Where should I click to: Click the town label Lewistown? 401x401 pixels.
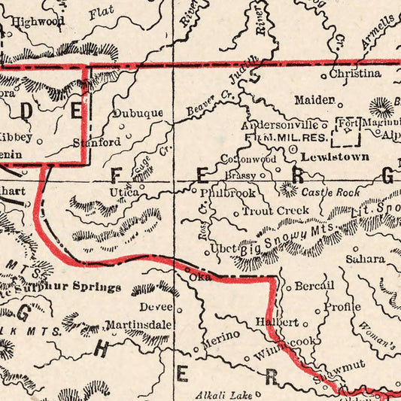tap(335, 157)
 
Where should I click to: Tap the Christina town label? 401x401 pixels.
tap(355, 74)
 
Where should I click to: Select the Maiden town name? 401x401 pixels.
tap(314, 100)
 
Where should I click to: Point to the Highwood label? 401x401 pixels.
tap(38, 22)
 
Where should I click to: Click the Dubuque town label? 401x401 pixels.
tap(138, 114)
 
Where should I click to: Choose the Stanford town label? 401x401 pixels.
tap(96, 141)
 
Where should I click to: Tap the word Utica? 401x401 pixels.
tap(124, 193)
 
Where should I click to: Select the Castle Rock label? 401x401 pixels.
tap(330, 193)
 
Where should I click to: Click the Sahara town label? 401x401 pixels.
tap(365, 259)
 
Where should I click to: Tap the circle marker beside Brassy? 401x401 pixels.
tap(263, 175)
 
